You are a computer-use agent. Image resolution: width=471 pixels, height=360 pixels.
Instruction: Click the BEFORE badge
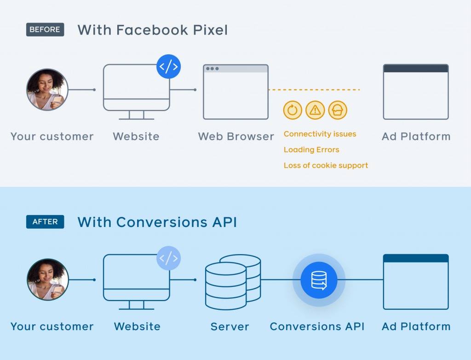point(45,30)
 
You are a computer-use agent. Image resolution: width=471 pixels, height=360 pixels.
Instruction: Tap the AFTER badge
point(45,222)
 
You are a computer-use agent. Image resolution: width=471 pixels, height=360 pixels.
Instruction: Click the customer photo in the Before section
point(47,90)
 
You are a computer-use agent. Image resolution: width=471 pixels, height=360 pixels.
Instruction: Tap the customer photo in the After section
point(47,279)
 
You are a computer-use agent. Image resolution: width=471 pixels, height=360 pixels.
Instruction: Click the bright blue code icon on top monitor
point(168,67)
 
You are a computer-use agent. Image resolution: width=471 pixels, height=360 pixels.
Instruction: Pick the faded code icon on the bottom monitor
point(168,258)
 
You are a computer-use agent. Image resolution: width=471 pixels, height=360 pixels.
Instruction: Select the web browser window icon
point(235,92)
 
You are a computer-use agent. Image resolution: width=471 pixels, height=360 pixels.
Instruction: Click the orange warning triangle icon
point(315,110)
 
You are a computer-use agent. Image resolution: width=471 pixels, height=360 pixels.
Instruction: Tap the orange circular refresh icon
point(293,110)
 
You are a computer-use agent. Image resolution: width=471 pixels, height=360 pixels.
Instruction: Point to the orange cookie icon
point(338,110)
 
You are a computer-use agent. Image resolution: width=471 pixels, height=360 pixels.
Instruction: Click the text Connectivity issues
point(320,134)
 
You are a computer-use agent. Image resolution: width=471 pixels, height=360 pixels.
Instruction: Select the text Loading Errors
point(311,150)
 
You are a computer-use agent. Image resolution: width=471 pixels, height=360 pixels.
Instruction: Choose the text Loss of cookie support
point(326,165)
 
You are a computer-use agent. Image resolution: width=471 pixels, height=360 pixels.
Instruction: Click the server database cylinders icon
point(233,282)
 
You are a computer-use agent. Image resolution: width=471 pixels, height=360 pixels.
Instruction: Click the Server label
point(230,327)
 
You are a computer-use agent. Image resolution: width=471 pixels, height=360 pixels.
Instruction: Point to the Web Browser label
point(236,137)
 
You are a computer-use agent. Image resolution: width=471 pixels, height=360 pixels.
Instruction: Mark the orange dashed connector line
point(314,90)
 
